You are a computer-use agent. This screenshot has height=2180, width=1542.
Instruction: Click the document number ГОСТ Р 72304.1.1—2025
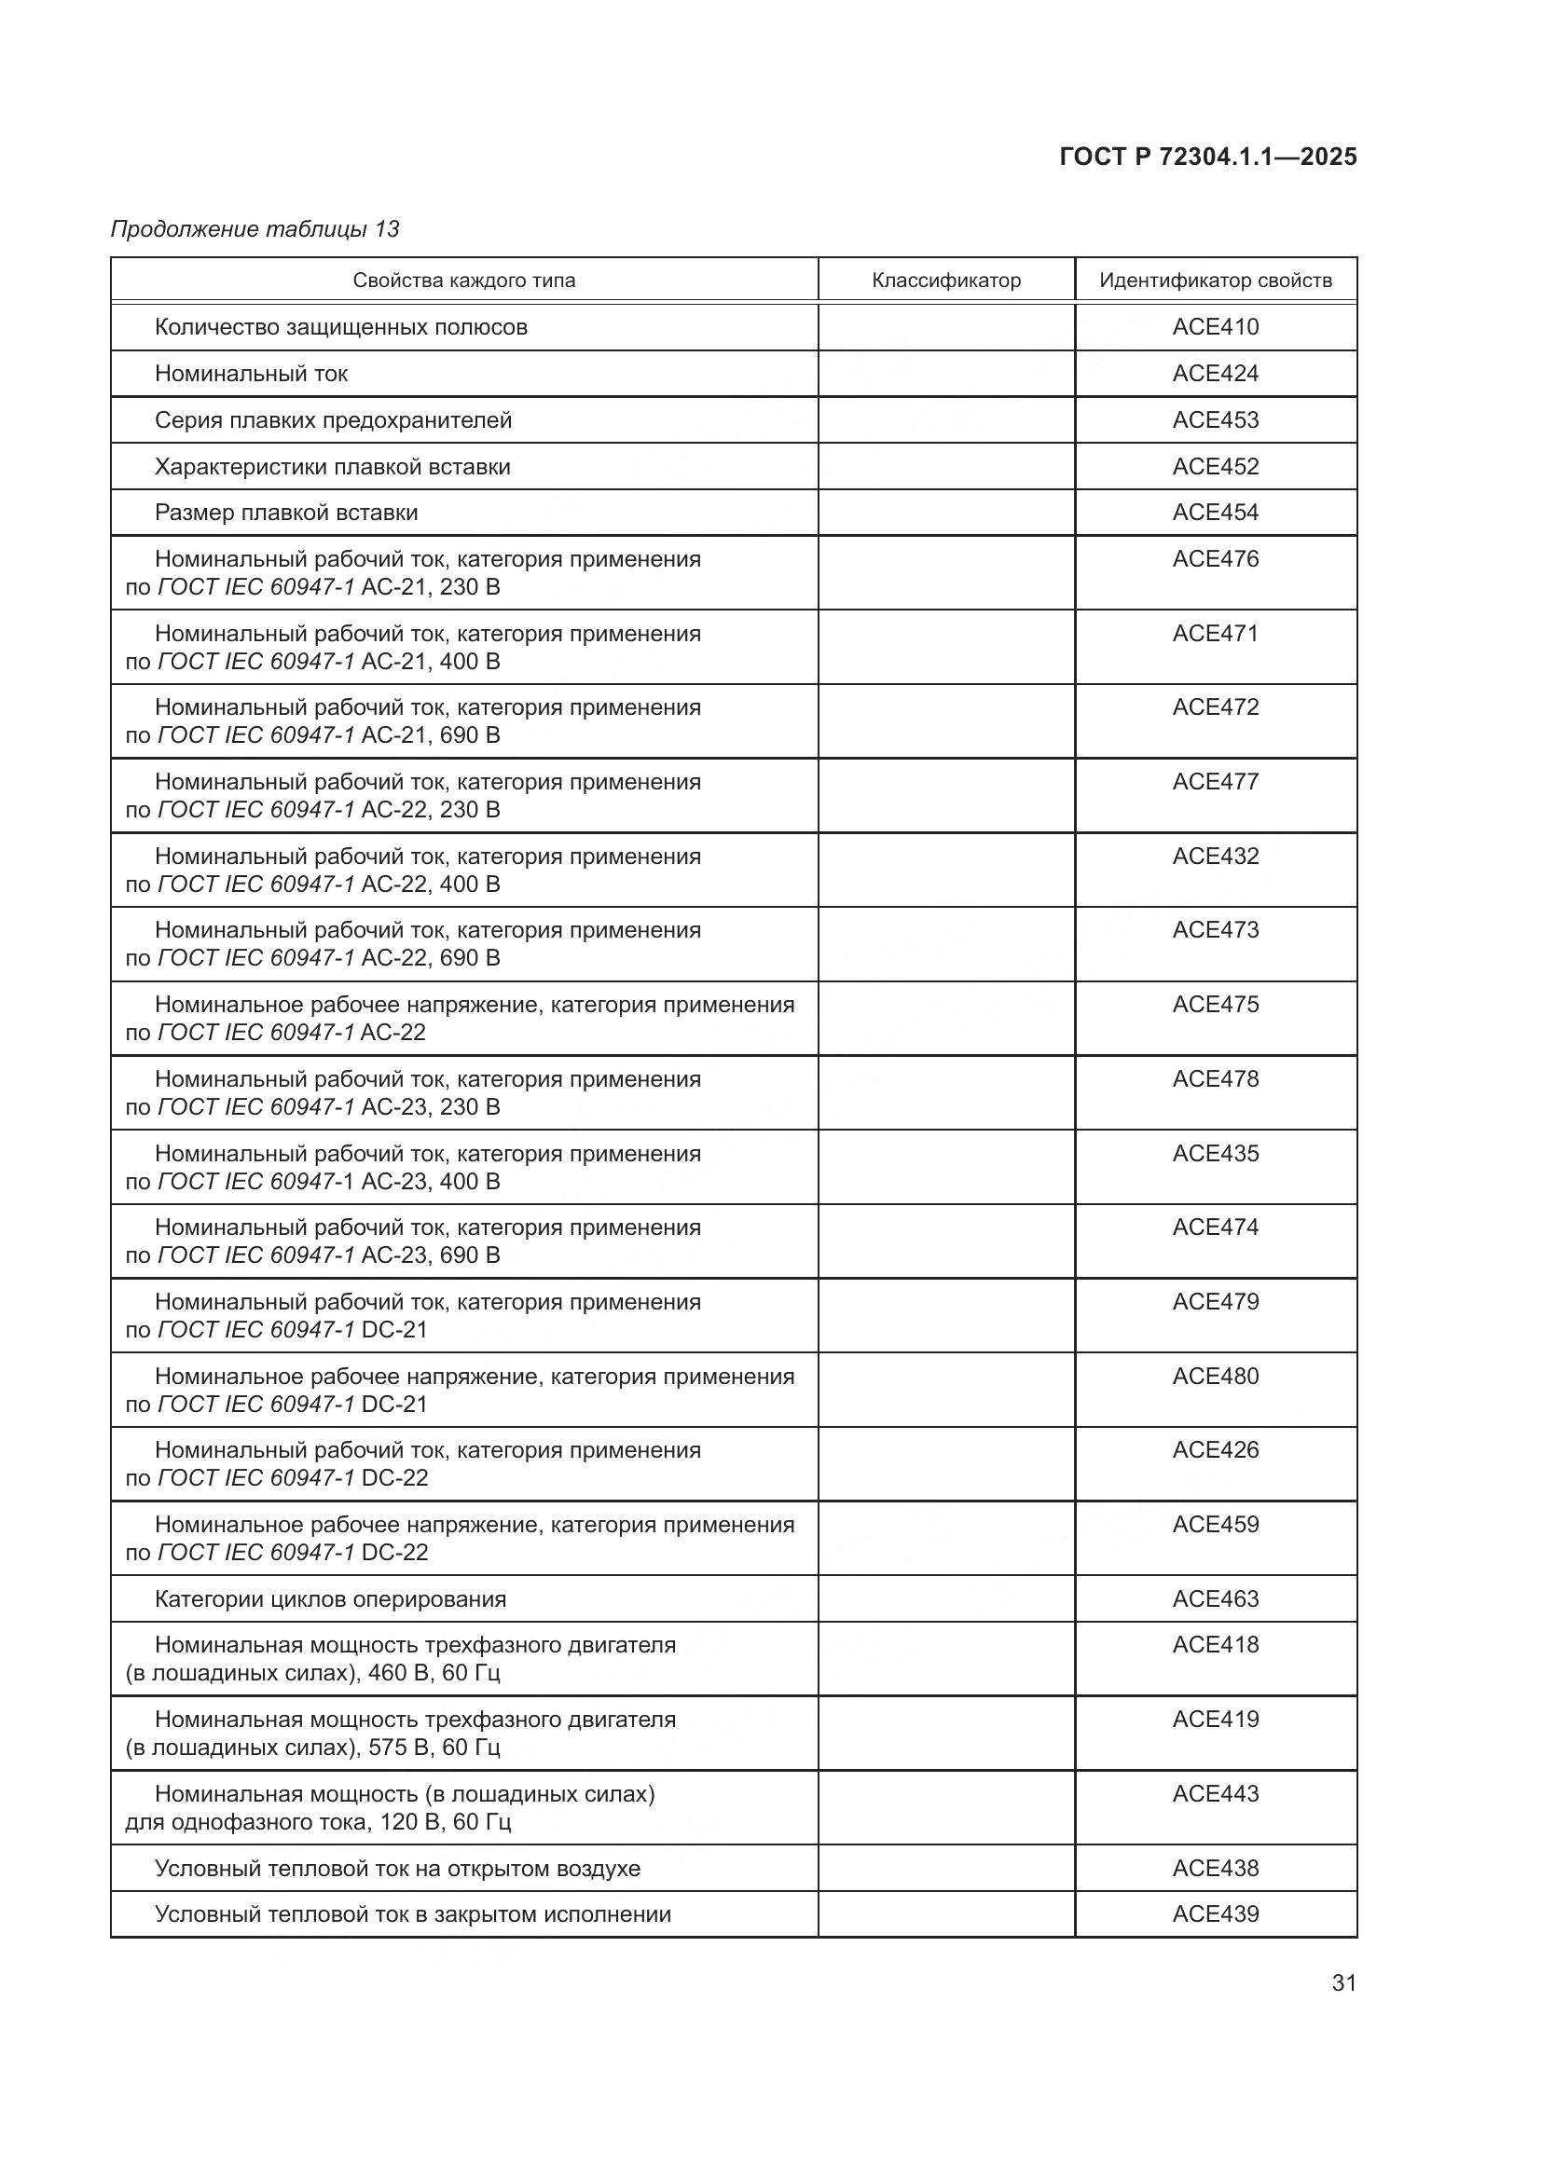click(1207, 157)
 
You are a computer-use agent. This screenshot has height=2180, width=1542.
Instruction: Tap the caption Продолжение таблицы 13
click(255, 229)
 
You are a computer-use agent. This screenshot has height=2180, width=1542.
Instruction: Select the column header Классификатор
click(945, 281)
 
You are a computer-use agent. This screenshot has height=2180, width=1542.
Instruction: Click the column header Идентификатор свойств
click(1216, 281)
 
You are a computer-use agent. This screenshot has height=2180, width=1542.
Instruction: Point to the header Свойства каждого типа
click(463, 281)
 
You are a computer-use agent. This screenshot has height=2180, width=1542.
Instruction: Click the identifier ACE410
click(1216, 326)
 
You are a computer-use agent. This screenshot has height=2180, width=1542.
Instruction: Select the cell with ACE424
click(1216, 373)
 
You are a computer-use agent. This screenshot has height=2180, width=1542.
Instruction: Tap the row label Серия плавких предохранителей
click(332, 419)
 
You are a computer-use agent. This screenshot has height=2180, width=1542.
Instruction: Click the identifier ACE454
click(1216, 512)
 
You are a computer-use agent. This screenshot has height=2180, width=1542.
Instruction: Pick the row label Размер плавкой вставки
click(286, 513)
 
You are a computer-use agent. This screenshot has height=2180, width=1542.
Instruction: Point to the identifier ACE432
click(1216, 856)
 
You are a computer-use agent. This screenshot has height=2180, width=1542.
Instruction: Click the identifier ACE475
click(1216, 1004)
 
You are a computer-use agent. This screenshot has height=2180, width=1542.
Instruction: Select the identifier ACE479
click(1216, 1301)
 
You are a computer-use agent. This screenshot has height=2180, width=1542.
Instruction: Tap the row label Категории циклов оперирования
click(330, 1599)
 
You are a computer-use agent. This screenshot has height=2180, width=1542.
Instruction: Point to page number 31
click(1343, 1982)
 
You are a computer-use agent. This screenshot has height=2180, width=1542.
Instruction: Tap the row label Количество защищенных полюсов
click(341, 326)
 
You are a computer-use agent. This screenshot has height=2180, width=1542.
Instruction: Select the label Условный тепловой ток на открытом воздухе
click(397, 1869)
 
